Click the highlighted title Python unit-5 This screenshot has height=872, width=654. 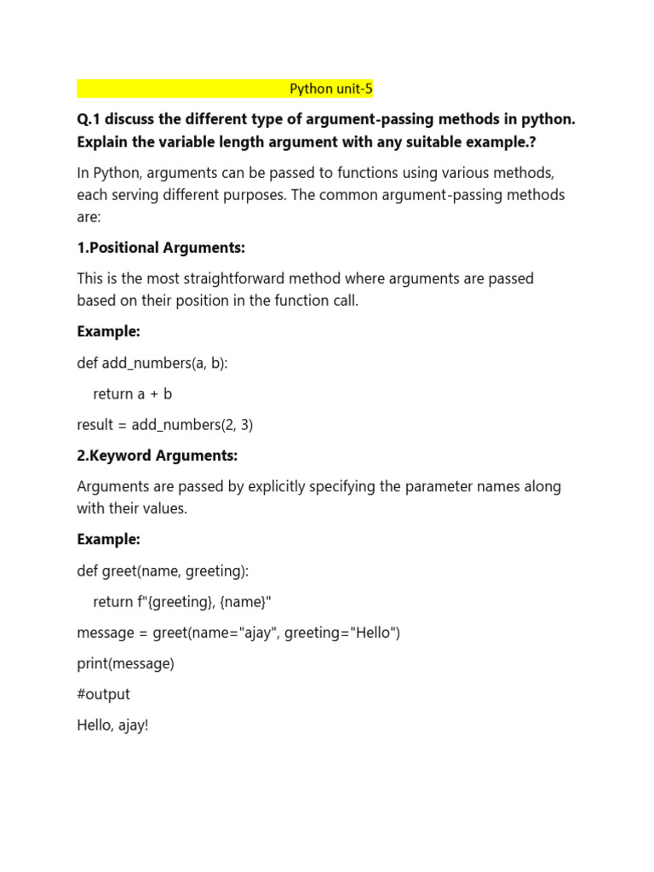(331, 89)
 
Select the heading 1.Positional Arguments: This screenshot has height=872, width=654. (161, 248)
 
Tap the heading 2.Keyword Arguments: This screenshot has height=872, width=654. (157, 456)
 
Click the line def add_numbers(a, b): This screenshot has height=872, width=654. (152, 363)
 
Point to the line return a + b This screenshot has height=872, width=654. (133, 393)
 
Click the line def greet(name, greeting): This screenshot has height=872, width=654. (163, 571)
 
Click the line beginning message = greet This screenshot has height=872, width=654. (238, 633)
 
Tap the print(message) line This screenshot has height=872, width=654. (125, 663)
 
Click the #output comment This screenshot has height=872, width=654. (103, 695)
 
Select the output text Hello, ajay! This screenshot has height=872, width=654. (112, 726)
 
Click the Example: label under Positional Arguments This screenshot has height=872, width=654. (108, 331)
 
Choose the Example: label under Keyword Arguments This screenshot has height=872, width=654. (108, 539)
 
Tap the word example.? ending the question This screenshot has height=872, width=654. (494, 141)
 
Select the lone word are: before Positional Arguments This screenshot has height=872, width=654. (89, 216)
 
